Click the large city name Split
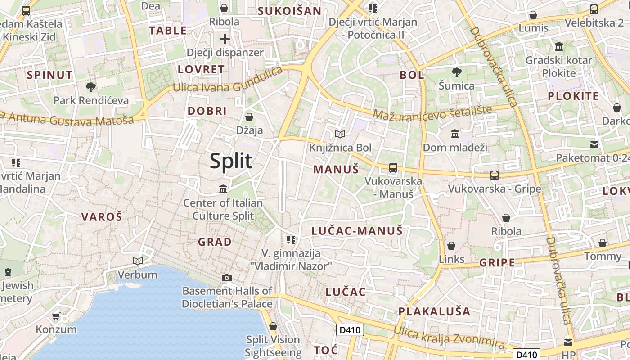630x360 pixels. click(231, 161)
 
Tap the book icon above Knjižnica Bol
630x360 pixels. click(340, 134)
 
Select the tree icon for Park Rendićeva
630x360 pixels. click(91, 87)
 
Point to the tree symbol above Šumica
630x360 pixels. click(456, 72)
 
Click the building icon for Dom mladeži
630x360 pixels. click(455, 134)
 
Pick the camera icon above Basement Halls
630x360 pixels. click(227, 278)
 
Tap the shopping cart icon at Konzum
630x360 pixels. click(56, 316)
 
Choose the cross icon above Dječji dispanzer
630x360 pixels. click(225, 39)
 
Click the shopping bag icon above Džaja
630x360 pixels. click(249, 117)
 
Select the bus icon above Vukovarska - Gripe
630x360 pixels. click(495, 175)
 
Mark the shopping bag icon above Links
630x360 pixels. click(451, 246)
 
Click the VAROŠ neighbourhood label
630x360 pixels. click(102, 216)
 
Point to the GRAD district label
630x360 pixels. click(215, 242)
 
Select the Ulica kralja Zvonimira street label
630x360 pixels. click(449, 337)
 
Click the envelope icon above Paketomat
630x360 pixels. click(594, 145)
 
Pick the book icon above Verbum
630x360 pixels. click(138, 261)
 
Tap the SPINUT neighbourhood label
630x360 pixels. click(49, 75)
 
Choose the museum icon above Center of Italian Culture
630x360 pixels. click(223, 189)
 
